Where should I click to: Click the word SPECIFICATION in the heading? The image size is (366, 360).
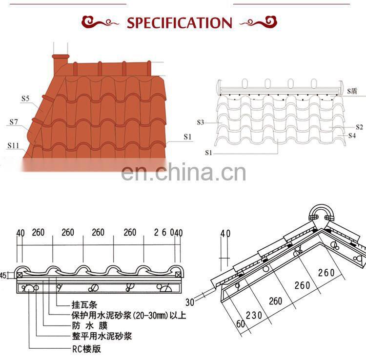tap(179, 23)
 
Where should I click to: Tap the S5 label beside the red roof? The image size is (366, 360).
tap(25, 99)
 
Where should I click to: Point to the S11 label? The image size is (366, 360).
tap(13, 145)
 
